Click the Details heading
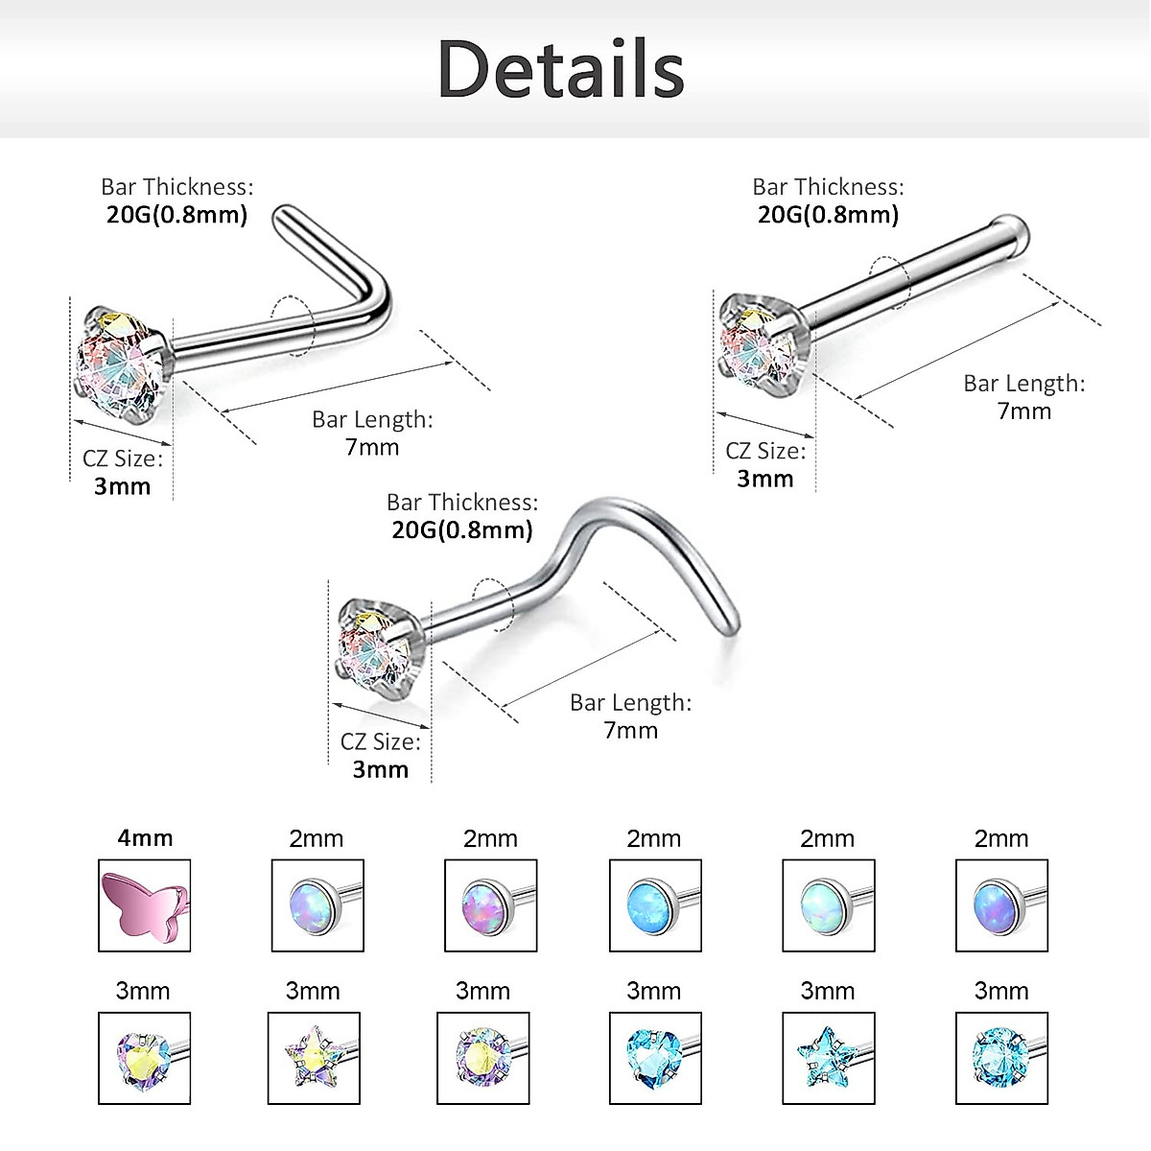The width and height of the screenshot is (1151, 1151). click(x=561, y=68)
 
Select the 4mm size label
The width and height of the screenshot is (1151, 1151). click(x=145, y=838)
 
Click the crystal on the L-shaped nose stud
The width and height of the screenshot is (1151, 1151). click(x=122, y=364)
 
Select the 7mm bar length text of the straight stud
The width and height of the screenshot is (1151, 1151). click(x=1024, y=411)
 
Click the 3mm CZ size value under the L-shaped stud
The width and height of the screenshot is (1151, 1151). click(x=123, y=486)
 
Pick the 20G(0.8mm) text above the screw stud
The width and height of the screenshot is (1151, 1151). click(x=461, y=530)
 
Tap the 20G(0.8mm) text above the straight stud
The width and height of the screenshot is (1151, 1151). click(x=828, y=215)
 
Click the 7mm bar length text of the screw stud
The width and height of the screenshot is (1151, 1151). click(x=631, y=731)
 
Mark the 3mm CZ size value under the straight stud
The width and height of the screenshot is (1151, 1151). click(x=765, y=479)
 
